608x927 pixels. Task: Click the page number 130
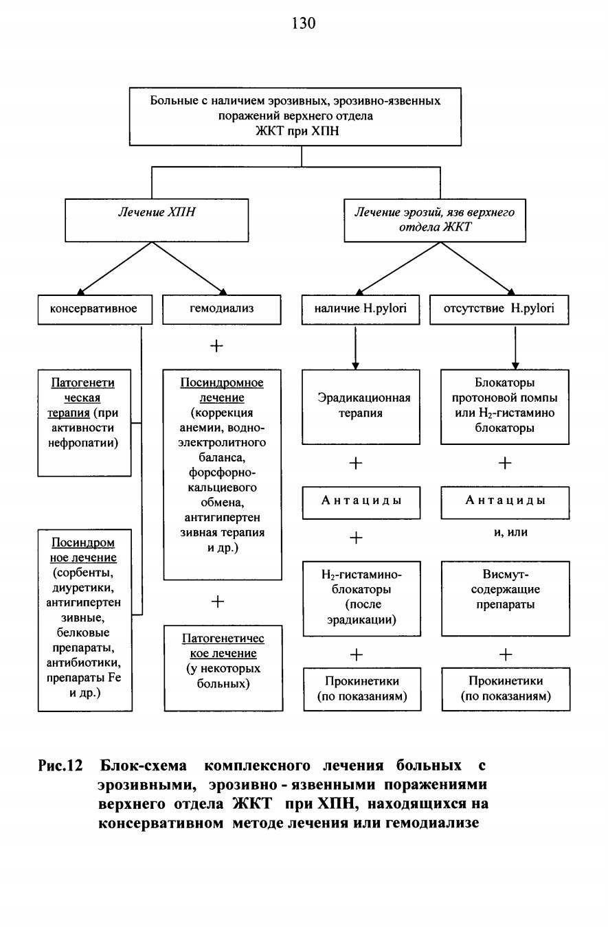click(304, 23)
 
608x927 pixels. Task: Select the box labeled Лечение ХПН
click(157, 220)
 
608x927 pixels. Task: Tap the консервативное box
click(95, 309)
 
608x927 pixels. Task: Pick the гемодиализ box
click(222, 309)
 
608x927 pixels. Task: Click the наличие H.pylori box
click(360, 309)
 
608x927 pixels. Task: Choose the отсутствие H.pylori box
click(499, 309)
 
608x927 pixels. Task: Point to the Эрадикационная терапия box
click(361, 407)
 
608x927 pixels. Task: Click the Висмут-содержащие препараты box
click(505, 598)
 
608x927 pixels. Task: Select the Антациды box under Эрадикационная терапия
click(361, 503)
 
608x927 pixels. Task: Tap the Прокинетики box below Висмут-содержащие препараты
click(506, 689)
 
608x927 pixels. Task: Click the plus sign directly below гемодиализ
click(216, 345)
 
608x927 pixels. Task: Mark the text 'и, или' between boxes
click(510, 532)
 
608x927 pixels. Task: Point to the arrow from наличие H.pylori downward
click(355, 347)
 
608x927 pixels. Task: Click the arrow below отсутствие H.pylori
click(515, 347)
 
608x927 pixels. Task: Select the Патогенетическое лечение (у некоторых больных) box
click(223, 668)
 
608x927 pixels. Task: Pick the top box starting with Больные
click(295, 116)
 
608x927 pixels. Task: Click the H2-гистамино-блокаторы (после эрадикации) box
click(361, 598)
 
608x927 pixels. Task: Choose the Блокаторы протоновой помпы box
click(505, 407)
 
